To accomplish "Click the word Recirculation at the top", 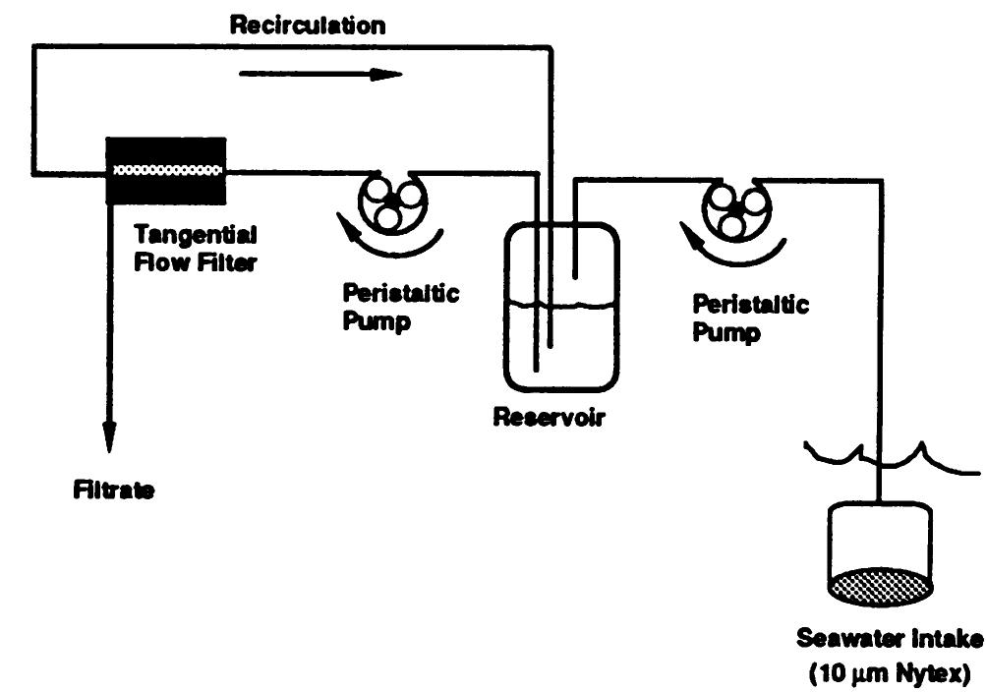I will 307,24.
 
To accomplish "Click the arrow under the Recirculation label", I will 319,74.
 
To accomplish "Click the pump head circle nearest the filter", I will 390,200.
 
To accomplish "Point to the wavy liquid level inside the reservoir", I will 561,307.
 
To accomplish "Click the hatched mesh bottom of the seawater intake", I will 879,586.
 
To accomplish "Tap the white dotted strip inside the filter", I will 166,171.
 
